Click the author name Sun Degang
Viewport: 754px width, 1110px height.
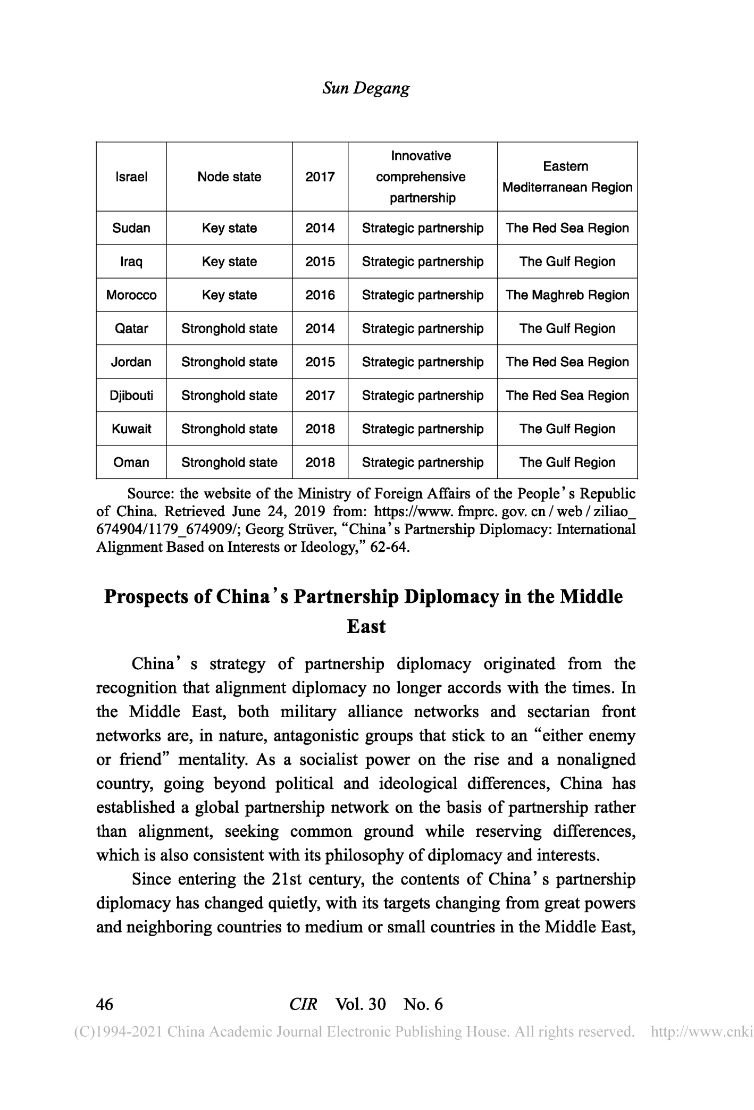pyautogui.click(x=366, y=88)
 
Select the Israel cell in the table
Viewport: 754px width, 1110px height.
pyautogui.click(x=131, y=177)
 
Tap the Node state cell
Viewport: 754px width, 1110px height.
pyautogui.click(x=229, y=177)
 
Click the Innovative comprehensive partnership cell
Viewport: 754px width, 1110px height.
pyautogui.click(x=421, y=177)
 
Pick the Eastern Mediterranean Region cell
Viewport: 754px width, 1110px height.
pyautogui.click(x=567, y=177)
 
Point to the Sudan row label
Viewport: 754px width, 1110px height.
pyautogui.click(x=131, y=228)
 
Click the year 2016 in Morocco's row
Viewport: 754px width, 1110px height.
pyautogui.click(x=320, y=295)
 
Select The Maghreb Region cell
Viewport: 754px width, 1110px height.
pyautogui.click(x=567, y=295)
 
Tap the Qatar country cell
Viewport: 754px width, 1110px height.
pyautogui.click(x=131, y=329)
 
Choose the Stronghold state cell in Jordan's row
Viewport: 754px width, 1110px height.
pyautogui.click(x=229, y=362)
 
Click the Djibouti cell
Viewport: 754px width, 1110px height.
pyautogui.click(x=131, y=396)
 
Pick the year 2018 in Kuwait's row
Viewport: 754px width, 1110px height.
pyautogui.click(x=320, y=429)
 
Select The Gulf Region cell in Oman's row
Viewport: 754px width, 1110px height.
pyautogui.click(x=567, y=463)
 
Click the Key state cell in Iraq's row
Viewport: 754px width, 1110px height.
pyautogui.click(x=229, y=262)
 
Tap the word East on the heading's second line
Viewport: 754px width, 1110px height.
pyautogui.click(x=366, y=627)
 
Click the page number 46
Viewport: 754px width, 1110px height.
pyautogui.click(x=105, y=1004)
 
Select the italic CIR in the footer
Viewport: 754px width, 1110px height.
pyautogui.click(x=304, y=1004)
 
